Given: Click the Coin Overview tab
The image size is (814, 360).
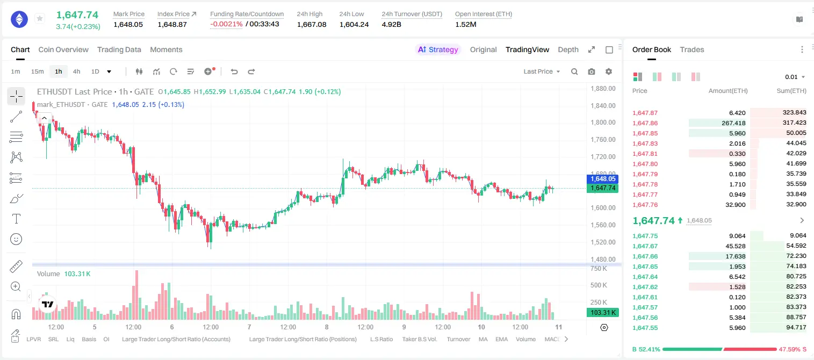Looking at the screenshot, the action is [x=63, y=49].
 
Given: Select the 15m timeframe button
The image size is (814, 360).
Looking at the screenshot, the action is [x=38, y=71].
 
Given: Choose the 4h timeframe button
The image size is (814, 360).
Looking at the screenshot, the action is [x=76, y=71].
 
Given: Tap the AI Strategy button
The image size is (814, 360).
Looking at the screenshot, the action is [x=438, y=49].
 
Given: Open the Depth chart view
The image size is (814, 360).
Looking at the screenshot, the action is [x=568, y=49].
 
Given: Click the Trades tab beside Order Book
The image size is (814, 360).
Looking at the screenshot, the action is [x=692, y=49].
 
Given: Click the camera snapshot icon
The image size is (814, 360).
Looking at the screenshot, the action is [x=592, y=71].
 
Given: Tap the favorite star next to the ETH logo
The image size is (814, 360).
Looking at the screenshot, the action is [x=40, y=18].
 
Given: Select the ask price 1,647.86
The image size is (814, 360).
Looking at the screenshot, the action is [x=645, y=123].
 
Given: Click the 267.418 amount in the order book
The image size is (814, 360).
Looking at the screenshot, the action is [x=733, y=123].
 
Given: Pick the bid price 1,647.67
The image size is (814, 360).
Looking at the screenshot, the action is [x=645, y=246].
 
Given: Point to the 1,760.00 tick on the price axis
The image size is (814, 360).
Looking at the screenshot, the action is [x=603, y=140].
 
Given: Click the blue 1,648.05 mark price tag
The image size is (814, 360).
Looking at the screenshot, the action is [x=602, y=179].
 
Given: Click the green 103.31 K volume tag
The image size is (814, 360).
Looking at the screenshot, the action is [x=602, y=312].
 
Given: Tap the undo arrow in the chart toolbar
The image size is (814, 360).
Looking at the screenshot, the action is [x=234, y=71].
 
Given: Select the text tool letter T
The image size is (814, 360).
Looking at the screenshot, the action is [x=16, y=219].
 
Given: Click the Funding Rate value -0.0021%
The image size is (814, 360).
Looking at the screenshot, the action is [x=226, y=24].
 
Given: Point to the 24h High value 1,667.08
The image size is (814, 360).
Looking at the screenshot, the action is [x=312, y=24].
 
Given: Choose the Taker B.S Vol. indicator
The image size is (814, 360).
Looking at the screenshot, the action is [x=419, y=339].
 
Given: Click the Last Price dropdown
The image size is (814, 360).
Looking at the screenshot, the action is [x=542, y=71].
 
